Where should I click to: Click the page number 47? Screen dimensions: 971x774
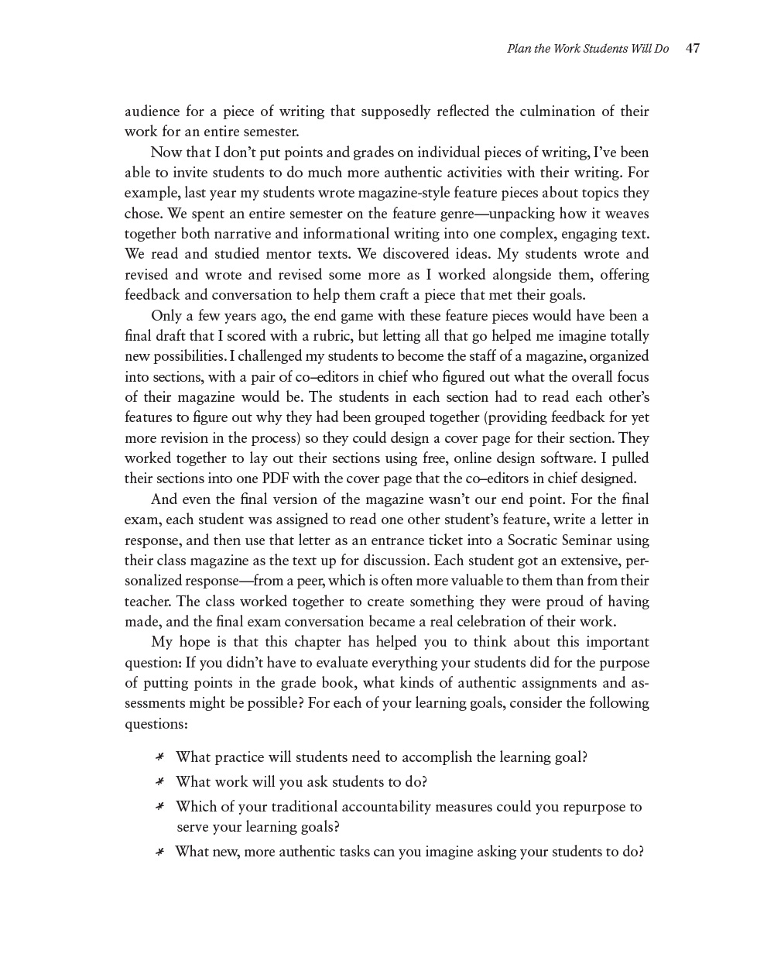pos(693,49)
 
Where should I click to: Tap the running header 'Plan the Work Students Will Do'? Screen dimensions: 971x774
pos(587,49)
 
